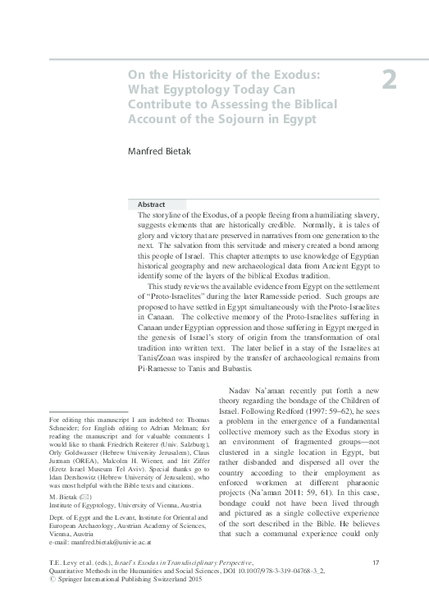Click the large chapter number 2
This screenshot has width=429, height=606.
click(390, 80)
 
